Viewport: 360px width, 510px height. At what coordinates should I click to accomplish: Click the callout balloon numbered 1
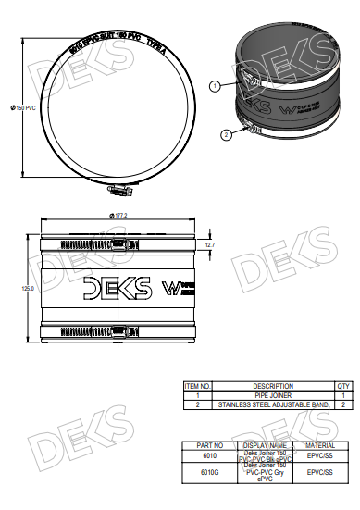[214, 86]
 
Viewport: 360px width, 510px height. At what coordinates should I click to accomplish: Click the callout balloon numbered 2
[225, 135]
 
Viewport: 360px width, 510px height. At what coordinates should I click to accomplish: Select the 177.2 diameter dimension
[119, 216]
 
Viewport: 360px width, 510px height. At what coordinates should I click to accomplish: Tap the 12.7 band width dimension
[209, 244]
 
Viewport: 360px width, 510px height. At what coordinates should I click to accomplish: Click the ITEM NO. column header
[199, 386]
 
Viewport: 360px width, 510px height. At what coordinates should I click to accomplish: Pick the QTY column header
[342, 386]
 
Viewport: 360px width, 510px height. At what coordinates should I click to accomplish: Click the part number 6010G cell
[208, 471]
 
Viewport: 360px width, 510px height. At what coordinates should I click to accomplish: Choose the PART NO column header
[208, 445]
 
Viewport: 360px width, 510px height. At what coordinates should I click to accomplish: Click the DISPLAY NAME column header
[267, 445]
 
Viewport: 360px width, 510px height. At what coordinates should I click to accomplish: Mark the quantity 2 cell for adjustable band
[342, 404]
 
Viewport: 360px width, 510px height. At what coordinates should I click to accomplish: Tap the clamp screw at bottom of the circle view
[118, 192]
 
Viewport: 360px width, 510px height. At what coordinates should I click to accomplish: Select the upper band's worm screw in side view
[119, 245]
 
